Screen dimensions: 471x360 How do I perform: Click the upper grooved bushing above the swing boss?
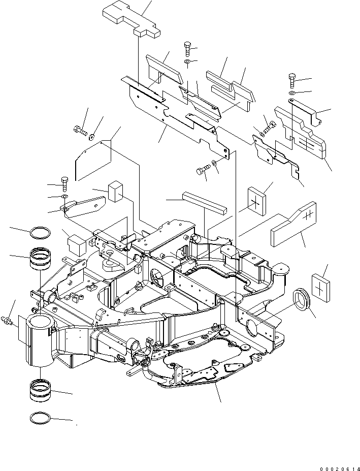(41, 258)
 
